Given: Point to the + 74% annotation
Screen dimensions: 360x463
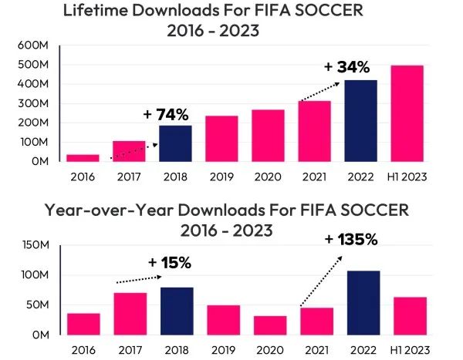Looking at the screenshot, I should (x=166, y=114).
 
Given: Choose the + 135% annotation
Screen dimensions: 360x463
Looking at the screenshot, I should (x=351, y=239).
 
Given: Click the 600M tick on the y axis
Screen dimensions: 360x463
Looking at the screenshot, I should (x=33, y=45).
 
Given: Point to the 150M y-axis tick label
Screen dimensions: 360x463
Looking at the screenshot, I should (x=35, y=246).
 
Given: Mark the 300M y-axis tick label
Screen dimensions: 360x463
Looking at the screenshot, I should (x=33, y=103).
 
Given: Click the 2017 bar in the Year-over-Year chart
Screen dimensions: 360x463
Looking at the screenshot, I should (x=131, y=314).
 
